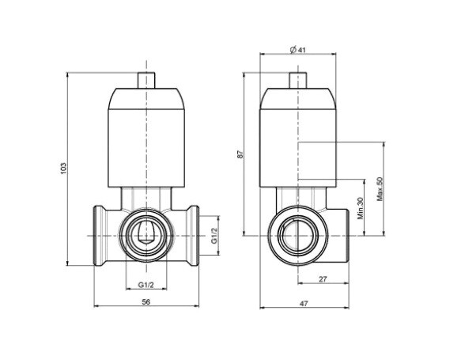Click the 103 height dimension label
(64, 169)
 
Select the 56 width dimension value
(146, 301)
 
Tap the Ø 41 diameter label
(298, 50)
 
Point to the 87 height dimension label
(240, 154)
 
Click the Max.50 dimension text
(380, 189)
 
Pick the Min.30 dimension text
(361, 208)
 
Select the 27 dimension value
(323, 279)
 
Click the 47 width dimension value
(304, 303)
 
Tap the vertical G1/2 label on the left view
(214, 236)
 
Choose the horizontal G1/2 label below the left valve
(146, 285)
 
